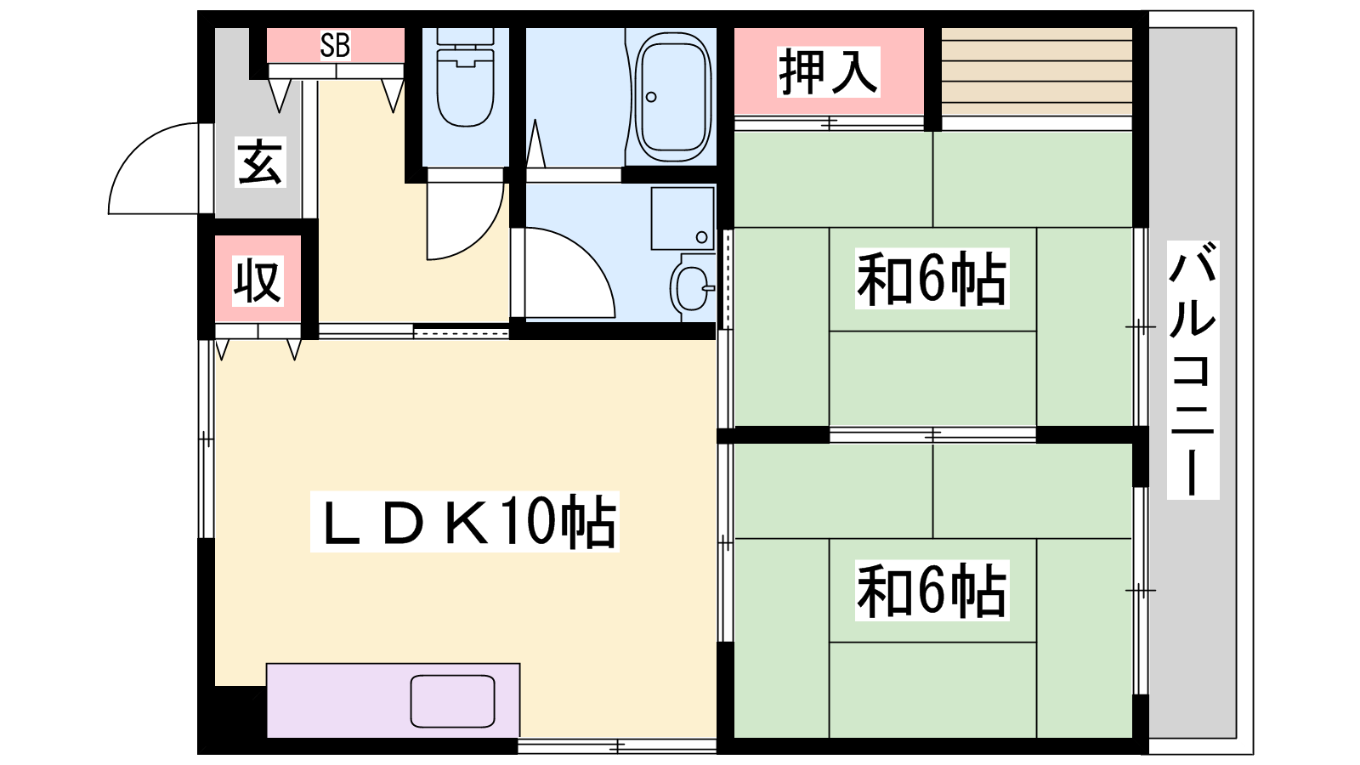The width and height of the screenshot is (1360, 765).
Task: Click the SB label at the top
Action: (x=335, y=45)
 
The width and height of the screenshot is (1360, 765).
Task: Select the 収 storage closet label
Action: (x=258, y=281)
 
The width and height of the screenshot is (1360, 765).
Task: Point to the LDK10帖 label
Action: (x=465, y=522)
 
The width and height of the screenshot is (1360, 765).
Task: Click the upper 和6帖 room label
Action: (x=932, y=278)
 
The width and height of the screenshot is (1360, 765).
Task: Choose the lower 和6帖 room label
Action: (x=932, y=590)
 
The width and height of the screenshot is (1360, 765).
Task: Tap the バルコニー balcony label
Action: (x=1193, y=370)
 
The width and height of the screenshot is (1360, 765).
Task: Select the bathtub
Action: (x=672, y=96)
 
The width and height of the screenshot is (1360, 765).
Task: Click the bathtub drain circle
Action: (x=651, y=97)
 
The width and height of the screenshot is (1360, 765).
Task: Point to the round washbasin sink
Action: (x=692, y=288)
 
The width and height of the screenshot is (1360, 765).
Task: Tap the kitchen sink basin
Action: (x=452, y=701)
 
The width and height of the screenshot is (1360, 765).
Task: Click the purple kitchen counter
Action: (x=393, y=700)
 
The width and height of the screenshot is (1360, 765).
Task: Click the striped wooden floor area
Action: (x=1037, y=71)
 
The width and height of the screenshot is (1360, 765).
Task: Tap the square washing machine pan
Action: (x=683, y=218)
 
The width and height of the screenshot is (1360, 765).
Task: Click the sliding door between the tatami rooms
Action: (x=932, y=434)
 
